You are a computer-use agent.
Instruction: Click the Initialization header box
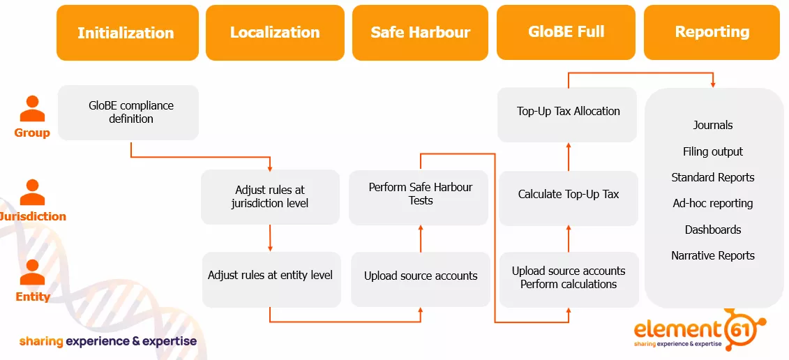[126, 33]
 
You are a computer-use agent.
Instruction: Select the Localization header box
[275, 33]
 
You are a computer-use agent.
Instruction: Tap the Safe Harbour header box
[420, 33]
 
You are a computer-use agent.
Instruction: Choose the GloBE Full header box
[566, 32]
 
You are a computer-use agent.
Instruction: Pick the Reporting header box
[712, 32]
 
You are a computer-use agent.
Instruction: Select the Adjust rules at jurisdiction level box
[270, 197]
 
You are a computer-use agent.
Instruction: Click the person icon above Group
[32, 110]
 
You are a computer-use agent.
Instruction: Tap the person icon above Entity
[32, 273]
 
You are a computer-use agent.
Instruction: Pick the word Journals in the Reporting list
[712, 126]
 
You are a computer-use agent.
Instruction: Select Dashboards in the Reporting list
[712, 230]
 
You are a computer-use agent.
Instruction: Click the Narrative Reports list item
[712, 255]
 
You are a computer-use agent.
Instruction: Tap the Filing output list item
[712, 151]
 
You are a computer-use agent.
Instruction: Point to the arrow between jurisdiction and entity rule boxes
[270, 237]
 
